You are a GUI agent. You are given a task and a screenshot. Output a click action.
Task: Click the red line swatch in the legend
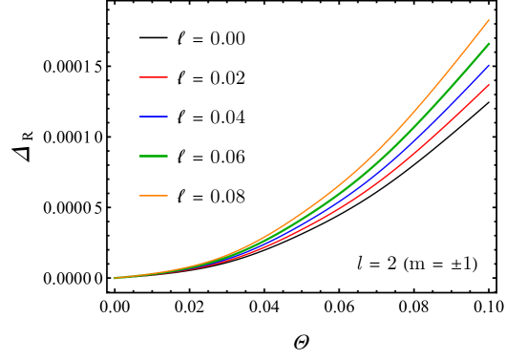(x=153, y=76)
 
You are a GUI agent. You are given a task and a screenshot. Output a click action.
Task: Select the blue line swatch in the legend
(x=153, y=116)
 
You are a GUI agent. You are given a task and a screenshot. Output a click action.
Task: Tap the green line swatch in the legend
(x=153, y=156)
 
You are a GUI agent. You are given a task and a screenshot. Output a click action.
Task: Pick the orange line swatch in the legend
(x=153, y=196)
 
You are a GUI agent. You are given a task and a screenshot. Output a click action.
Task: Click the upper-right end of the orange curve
(x=488, y=20)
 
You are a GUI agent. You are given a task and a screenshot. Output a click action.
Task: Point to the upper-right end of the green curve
(x=489, y=43)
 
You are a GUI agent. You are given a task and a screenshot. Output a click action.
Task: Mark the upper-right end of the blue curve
(x=489, y=65)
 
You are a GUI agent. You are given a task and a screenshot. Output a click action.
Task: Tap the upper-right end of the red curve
(x=489, y=84)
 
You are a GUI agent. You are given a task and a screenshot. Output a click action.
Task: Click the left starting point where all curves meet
(x=115, y=278)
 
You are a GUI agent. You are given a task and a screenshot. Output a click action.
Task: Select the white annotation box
(x=416, y=263)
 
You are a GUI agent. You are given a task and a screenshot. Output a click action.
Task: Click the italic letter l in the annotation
(x=360, y=264)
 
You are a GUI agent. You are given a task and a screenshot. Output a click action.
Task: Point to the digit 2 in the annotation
(x=391, y=264)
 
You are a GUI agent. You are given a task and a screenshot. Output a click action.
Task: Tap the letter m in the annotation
(x=418, y=265)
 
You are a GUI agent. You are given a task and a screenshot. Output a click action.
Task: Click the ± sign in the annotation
(x=455, y=265)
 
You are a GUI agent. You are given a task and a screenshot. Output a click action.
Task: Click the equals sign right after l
(x=375, y=265)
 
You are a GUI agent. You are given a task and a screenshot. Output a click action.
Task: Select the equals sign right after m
(x=438, y=265)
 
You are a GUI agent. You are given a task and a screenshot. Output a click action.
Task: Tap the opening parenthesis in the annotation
(x=407, y=264)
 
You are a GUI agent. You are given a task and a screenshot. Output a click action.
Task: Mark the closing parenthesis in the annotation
(x=474, y=264)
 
